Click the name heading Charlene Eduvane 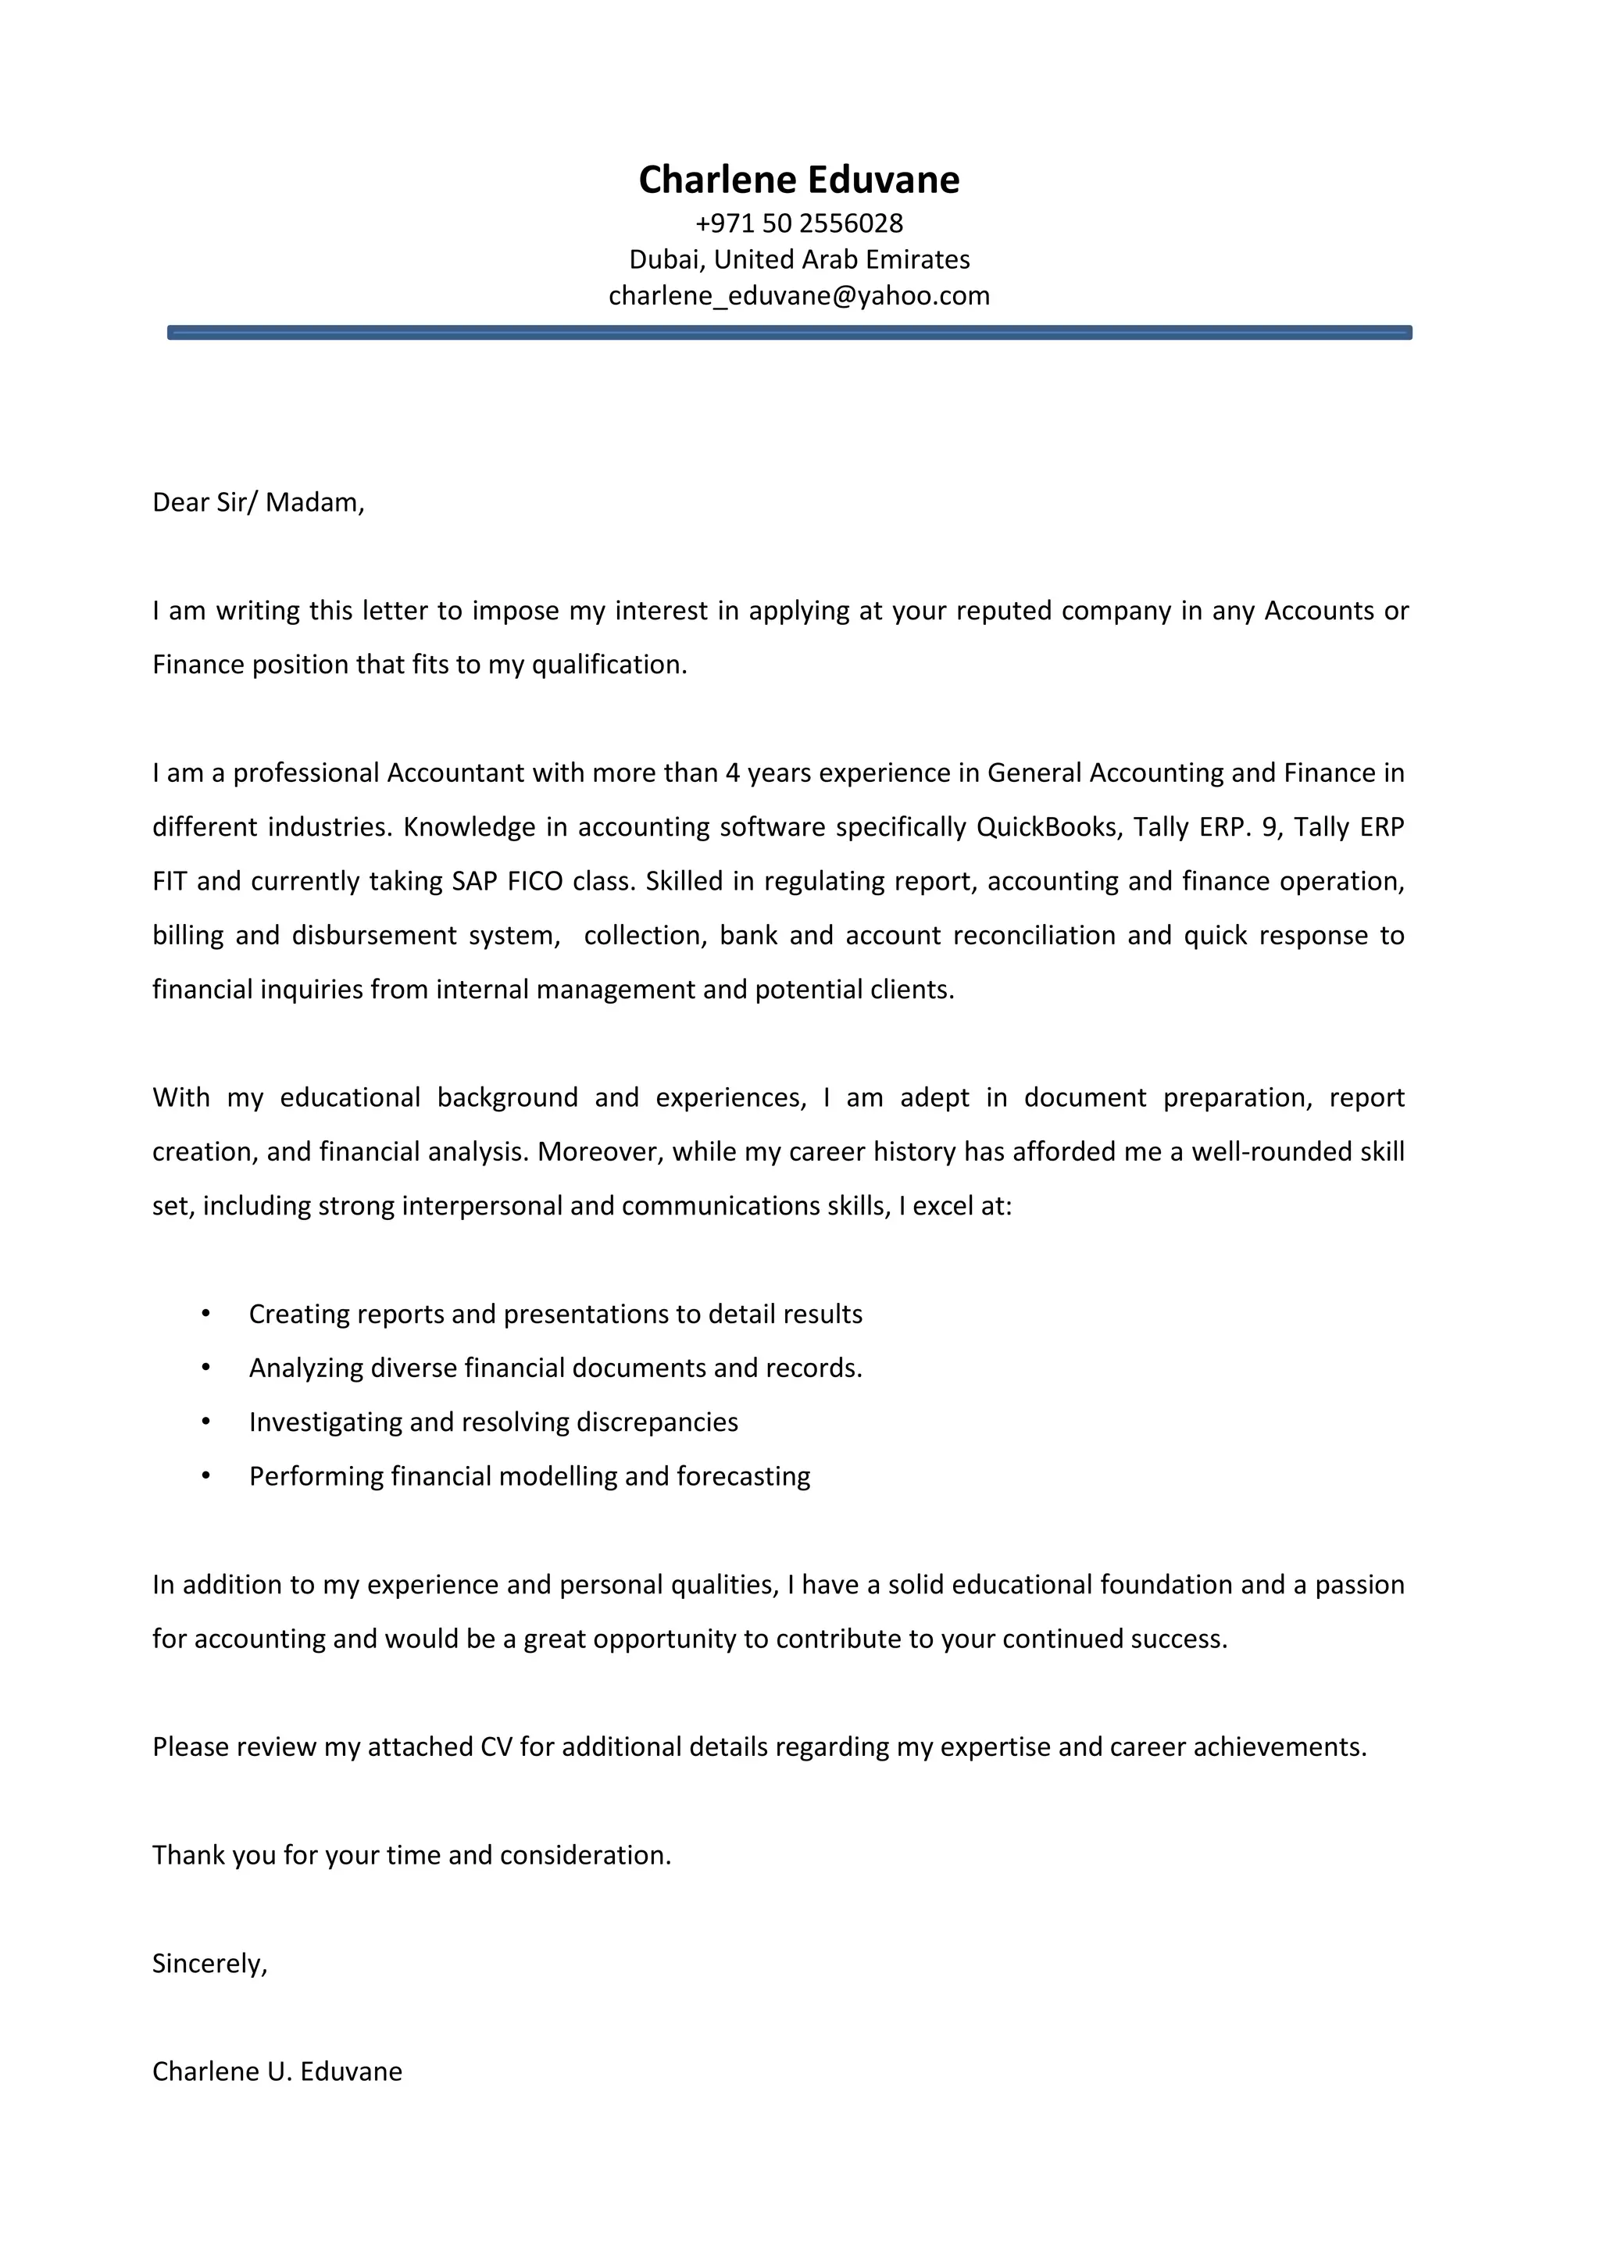[799, 180]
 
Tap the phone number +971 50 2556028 [799, 223]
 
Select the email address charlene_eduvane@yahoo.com [799, 295]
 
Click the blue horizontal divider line [789, 333]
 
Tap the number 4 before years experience [732, 772]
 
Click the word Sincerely [208, 1964]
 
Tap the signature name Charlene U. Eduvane [277, 2072]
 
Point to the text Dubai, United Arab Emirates [799, 260]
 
